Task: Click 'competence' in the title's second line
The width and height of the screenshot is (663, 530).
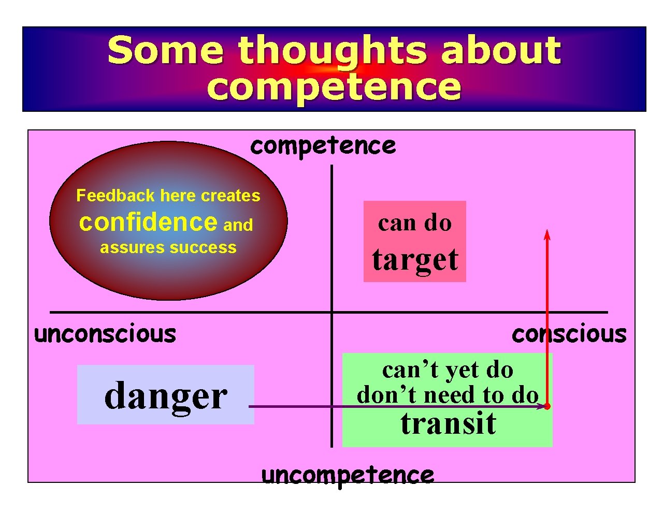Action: (334, 86)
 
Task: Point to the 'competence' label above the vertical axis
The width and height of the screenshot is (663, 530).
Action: (323, 145)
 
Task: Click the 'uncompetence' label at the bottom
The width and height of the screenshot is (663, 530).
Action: (348, 475)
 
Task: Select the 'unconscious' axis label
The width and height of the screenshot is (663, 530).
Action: (105, 334)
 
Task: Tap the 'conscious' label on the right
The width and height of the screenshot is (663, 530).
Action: (569, 334)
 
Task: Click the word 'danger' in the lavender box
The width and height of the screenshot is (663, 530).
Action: (165, 395)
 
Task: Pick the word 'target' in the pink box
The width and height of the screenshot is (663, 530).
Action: (415, 259)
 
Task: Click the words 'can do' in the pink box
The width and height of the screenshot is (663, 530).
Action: (415, 223)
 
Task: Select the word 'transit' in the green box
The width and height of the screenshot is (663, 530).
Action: (448, 423)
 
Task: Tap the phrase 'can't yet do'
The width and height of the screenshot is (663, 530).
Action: (448, 370)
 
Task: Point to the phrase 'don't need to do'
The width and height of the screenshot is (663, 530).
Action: (448, 395)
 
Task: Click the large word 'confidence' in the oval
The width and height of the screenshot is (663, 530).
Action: (148, 222)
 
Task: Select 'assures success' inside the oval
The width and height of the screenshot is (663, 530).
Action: (168, 247)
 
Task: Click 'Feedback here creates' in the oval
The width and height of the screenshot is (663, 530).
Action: (168, 195)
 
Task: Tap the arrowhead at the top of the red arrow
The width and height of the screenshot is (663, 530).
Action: (547, 234)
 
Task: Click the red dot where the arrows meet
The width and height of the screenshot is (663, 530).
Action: (547, 406)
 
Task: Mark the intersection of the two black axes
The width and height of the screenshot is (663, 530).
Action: (331, 312)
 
